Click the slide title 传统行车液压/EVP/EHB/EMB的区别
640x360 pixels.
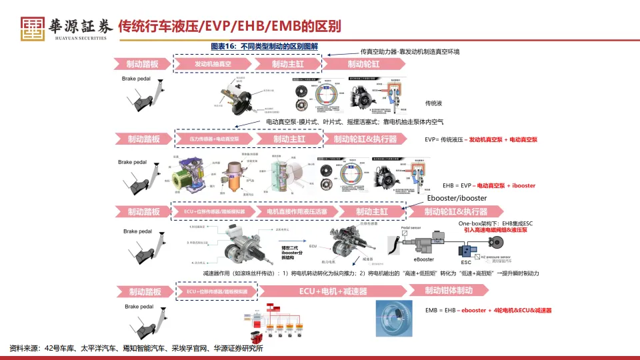coord(229,27)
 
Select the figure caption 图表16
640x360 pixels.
coord(264,48)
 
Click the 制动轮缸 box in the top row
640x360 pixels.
coord(363,64)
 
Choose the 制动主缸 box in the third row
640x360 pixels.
coord(371,211)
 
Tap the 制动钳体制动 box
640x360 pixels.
coord(449,290)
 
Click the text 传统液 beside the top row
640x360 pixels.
coord(434,103)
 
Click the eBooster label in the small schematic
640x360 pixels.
coord(424,259)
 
